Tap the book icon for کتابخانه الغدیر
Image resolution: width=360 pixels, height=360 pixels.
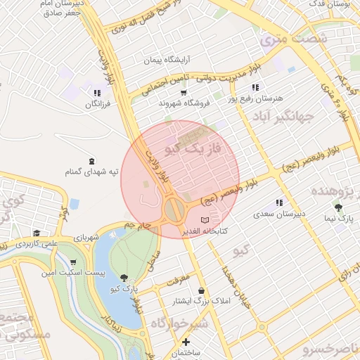click(205, 221)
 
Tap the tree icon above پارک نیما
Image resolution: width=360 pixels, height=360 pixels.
click(339, 207)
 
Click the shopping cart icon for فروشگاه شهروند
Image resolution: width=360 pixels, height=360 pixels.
click(184, 92)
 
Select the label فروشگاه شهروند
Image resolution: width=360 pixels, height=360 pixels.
click(186, 103)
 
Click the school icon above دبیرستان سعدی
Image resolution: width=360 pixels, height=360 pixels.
click(279, 202)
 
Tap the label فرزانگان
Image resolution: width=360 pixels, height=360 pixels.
click(98, 104)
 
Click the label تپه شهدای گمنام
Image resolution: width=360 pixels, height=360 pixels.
click(89, 172)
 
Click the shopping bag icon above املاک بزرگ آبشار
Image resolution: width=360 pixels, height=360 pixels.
click(202, 290)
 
